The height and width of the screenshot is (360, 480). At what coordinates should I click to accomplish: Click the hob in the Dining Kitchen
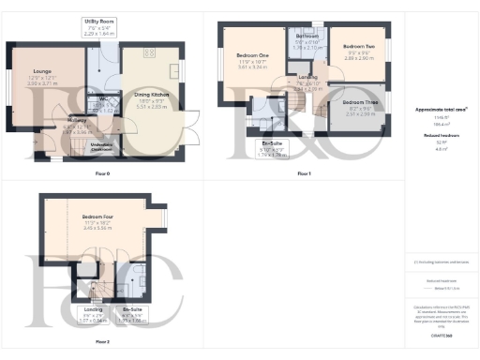tap(174, 71)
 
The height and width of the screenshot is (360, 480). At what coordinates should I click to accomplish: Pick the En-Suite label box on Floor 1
tap(272, 145)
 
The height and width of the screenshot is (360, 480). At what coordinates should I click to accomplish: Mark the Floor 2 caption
tap(101, 341)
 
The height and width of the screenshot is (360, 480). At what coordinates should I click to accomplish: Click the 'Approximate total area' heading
tap(441, 109)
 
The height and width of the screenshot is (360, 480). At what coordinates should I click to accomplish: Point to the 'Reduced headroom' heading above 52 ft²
tap(440, 136)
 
